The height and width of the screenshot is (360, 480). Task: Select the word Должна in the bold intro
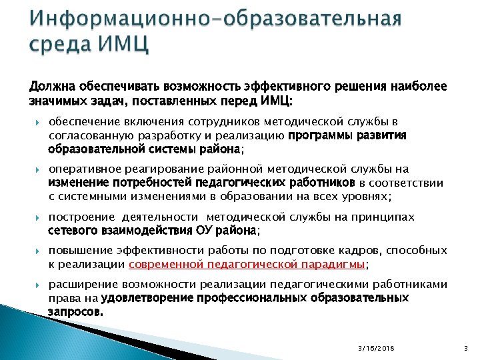coord(52,87)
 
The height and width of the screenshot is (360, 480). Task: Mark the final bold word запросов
coord(75,311)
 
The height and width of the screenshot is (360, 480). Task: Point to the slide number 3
coord(465,348)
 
